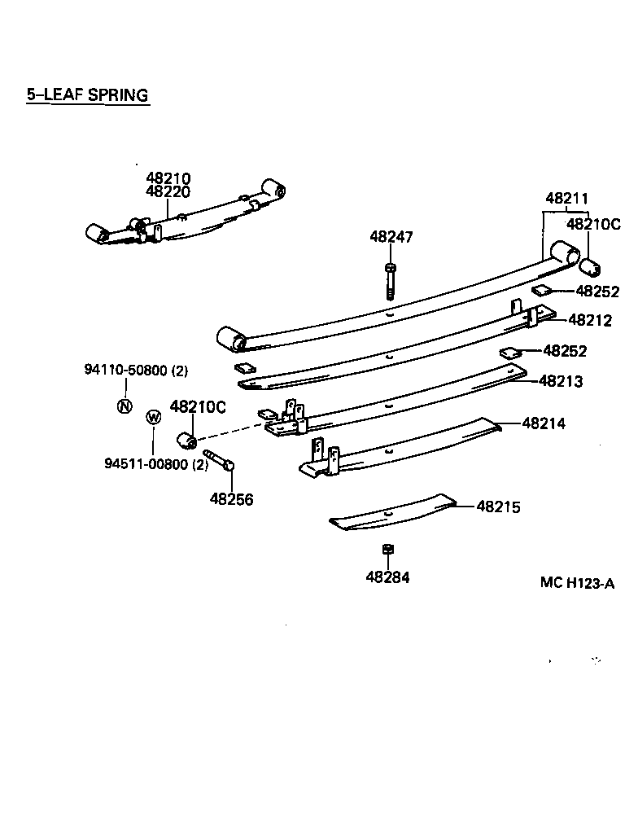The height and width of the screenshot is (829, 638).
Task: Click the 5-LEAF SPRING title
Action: (x=87, y=95)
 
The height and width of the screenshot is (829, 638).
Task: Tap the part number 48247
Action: (x=391, y=238)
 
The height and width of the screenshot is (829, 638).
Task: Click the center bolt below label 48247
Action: (x=391, y=281)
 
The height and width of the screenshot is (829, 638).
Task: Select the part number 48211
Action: (x=566, y=198)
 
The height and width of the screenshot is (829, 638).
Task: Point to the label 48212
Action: (x=589, y=320)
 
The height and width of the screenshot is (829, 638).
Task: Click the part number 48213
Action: (x=560, y=381)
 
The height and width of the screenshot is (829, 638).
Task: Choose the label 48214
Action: (x=544, y=423)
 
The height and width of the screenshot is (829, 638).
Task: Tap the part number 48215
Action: (x=498, y=507)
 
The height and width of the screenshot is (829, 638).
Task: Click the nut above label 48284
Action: (x=388, y=548)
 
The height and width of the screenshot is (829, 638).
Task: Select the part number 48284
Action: (x=387, y=577)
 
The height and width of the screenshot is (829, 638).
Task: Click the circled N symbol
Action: (x=124, y=406)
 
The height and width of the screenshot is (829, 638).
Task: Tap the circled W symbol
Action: (x=152, y=418)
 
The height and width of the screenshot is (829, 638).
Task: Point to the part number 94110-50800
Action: (x=125, y=371)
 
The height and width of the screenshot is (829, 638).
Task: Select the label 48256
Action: (x=231, y=499)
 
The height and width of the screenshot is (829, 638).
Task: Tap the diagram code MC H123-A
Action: (x=576, y=583)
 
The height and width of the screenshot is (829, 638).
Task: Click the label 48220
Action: (x=168, y=192)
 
